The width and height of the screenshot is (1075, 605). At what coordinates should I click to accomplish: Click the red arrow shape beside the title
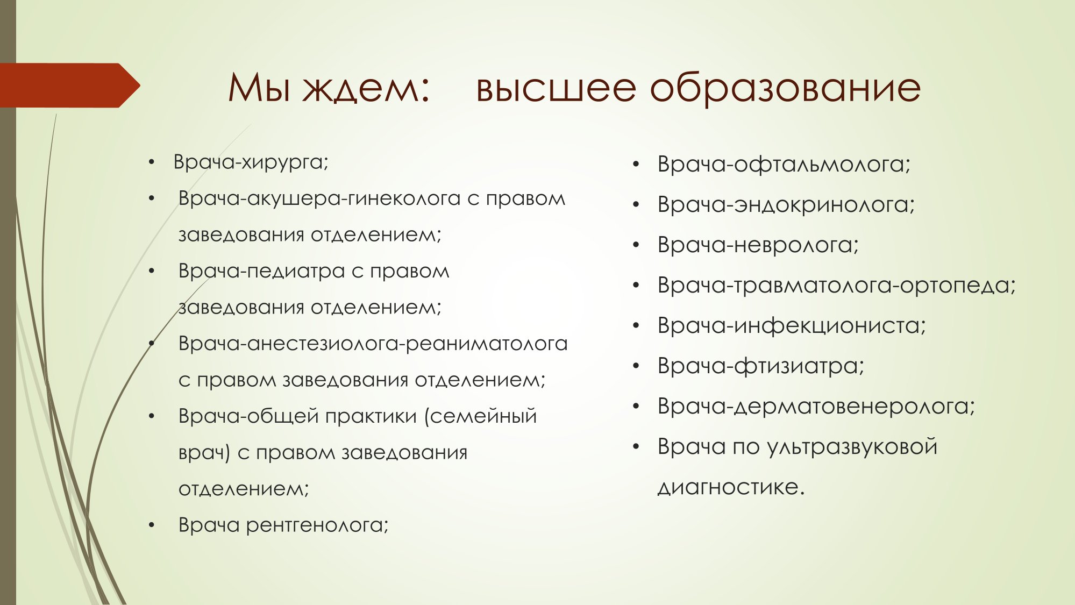(x=70, y=86)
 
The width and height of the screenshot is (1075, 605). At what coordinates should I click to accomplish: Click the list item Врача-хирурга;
(x=251, y=162)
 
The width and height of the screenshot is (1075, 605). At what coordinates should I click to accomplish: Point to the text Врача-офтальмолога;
(x=784, y=165)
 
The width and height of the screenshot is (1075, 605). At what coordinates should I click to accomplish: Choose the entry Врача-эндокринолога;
(x=786, y=205)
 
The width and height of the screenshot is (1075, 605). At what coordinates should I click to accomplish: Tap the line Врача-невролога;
(x=758, y=245)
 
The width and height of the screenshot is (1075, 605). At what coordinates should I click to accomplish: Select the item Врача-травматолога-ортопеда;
(x=837, y=286)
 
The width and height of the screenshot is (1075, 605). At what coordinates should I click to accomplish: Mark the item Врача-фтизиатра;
(x=761, y=366)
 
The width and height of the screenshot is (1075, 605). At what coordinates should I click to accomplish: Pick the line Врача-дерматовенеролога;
(x=816, y=407)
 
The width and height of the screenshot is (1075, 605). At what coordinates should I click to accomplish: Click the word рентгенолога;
(x=317, y=525)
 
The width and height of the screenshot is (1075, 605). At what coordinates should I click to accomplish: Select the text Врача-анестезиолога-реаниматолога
(x=373, y=344)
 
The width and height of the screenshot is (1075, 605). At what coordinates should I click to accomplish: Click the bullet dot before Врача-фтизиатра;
(x=636, y=366)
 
